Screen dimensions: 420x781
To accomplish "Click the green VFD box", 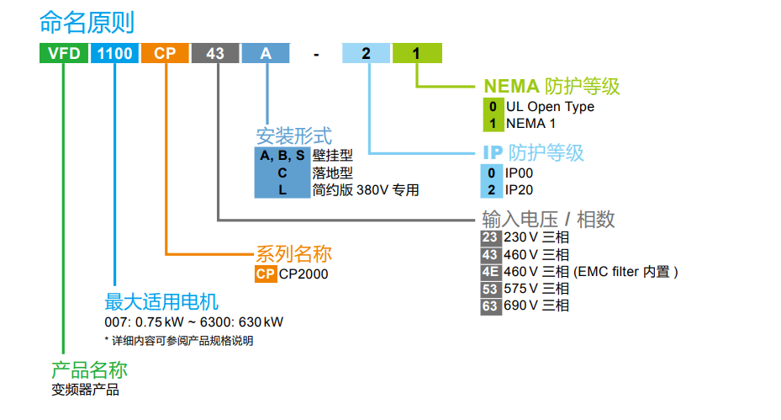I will (64, 53).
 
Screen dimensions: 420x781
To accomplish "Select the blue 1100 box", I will (114, 53).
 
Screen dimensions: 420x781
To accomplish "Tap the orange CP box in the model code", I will (165, 53).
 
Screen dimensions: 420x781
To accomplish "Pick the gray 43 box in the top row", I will (215, 53).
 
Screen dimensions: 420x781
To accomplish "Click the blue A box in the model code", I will (266, 53).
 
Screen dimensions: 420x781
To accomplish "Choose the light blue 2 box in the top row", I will (367, 53).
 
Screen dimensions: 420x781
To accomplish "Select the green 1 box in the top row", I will (416, 53).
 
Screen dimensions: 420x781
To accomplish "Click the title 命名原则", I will (87, 21).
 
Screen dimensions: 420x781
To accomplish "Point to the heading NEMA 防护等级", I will (551, 86).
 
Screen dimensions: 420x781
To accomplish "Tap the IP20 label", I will (519, 190).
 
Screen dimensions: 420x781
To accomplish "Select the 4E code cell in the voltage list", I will (490, 272).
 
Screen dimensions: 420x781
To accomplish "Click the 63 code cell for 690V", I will (490, 306).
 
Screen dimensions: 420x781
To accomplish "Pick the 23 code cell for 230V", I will (490, 238).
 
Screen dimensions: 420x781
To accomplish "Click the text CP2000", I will (303, 274).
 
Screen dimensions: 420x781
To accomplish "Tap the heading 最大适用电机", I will (161, 301).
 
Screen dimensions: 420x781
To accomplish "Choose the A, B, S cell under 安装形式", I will (282, 156).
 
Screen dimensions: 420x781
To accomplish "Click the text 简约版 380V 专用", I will (365, 190).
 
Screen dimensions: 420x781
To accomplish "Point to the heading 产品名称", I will (90, 370).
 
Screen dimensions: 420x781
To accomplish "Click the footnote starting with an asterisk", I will (178, 341).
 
